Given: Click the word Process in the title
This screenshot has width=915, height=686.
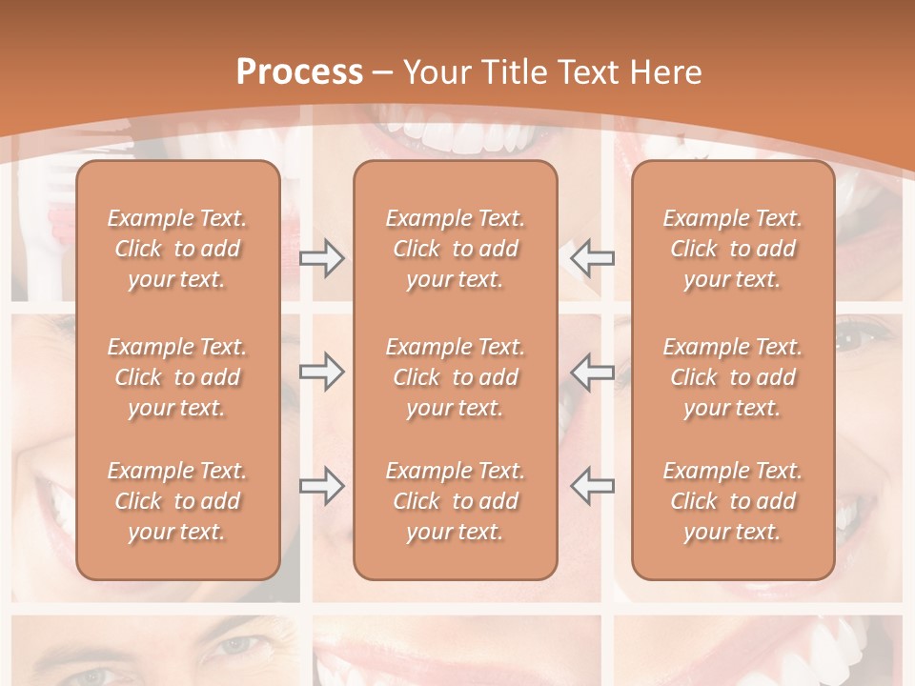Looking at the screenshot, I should tap(299, 71).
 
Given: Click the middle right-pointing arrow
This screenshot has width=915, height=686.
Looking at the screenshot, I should tap(321, 372).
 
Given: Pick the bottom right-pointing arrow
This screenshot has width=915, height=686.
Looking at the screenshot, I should tap(321, 486).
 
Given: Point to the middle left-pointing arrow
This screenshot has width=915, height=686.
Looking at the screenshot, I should tap(592, 372).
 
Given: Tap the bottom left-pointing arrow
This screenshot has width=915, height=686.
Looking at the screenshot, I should tap(592, 486).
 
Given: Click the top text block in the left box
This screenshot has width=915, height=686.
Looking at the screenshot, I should tap(177, 249).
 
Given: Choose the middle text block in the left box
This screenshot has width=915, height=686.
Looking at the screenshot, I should tap(177, 377).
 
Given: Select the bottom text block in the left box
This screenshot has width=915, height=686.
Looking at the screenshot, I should tap(177, 501).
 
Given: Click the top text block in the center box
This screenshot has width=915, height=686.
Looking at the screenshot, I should tap(455, 249).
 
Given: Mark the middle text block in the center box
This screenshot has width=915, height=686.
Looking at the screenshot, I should tap(455, 377).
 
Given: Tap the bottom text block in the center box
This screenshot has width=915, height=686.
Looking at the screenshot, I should tap(455, 501).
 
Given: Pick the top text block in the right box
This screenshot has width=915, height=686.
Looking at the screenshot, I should tap(732, 249).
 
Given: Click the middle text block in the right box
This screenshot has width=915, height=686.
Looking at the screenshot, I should tap(732, 377).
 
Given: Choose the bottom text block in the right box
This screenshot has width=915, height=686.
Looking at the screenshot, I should tap(732, 501).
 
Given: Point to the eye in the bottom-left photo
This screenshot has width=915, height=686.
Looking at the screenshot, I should tap(234, 645).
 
